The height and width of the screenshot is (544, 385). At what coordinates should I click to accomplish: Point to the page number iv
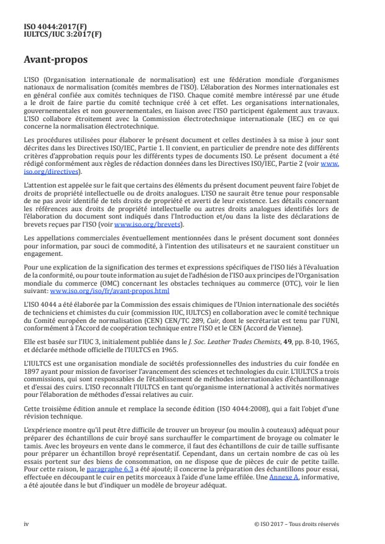pyautogui.click(x=27, y=524)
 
